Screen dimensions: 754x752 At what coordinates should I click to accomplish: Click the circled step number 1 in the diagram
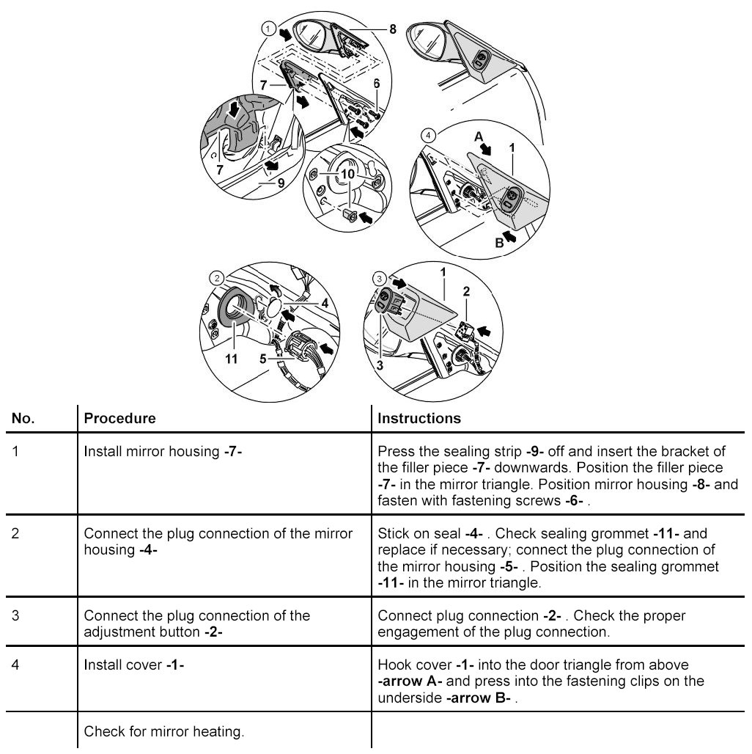pos(268,29)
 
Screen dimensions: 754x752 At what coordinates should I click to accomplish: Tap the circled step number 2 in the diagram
pos(217,278)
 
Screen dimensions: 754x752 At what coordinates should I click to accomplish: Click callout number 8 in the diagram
pos(393,30)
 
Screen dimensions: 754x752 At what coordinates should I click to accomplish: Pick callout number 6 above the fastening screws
pos(377,84)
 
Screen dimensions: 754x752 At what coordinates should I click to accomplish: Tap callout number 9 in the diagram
pos(281,183)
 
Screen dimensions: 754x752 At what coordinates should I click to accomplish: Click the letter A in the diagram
pos(479,136)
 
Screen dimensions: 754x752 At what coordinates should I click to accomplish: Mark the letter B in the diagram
pos(499,244)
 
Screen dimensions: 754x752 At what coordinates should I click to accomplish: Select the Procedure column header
pos(120,419)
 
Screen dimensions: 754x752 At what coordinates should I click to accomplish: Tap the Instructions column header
pos(419,419)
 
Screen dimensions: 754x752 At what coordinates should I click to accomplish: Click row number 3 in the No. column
pos(16,615)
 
